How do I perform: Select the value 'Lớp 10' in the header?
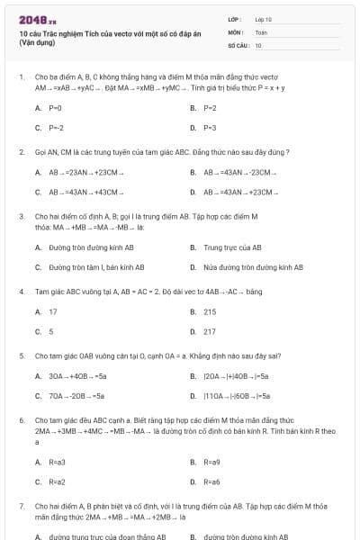(x=263, y=19)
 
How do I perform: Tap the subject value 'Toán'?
(x=261, y=31)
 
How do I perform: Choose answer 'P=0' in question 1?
(x=55, y=108)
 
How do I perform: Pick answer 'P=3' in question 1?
(x=210, y=128)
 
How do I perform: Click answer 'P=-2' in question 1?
(x=56, y=128)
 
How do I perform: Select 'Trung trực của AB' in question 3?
(x=232, y=247)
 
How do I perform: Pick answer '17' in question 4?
(x=52, y=311)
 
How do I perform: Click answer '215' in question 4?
(x=210, y=311)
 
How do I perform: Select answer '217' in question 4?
(x=210, y=331)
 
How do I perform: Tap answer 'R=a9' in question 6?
(x=211, y=462)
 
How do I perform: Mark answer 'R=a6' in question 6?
(x=211, y=481)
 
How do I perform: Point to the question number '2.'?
(x=22, y=152)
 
